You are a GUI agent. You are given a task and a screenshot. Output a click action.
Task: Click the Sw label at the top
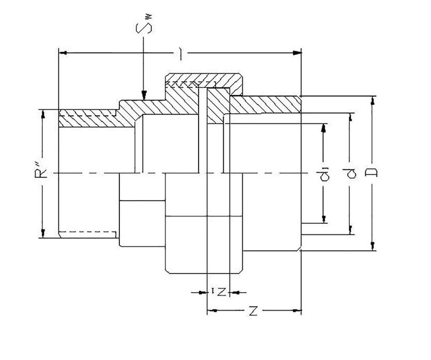pos(145,25)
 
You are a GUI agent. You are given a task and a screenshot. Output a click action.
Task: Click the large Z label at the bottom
pos(253,311)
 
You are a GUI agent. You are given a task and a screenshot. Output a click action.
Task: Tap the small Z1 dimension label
pos(219,292)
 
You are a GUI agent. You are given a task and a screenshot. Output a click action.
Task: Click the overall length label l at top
pos(181,53)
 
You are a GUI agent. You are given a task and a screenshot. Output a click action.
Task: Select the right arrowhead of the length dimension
pos(297,53)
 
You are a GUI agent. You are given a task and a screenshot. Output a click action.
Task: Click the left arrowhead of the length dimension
pos(63,53)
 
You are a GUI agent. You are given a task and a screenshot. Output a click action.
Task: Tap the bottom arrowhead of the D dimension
pos(373,246)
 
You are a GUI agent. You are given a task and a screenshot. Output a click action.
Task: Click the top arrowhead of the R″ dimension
pos(43,114)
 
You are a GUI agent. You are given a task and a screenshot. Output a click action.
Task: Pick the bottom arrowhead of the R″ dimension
pos(43,233)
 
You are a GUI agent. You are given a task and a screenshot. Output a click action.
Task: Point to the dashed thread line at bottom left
pos(88,232)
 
